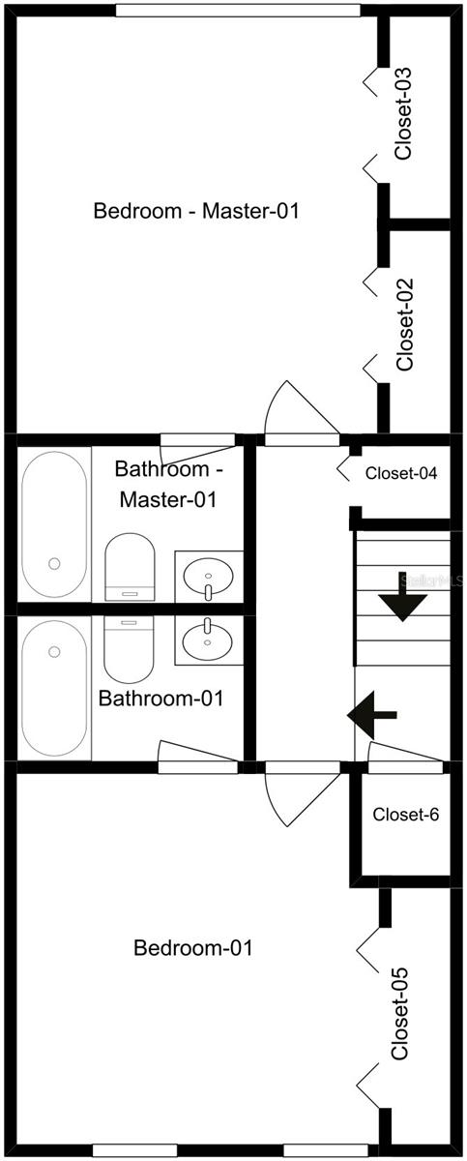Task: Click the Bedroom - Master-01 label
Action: tap(196, 211)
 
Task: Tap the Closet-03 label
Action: tap(403, 113)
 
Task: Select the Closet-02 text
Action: tap(405, 324)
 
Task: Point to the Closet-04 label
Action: tap(401, 473)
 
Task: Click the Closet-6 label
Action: tap(405, 815)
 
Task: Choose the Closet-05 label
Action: tap(400, 1013)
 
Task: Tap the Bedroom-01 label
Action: tap(193, 948)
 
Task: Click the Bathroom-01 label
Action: tap(161, 699)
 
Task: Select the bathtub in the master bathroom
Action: tap(54, 524)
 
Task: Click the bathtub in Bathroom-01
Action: tap(54, 689)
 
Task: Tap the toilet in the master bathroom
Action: tap(130, 567)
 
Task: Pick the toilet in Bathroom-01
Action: tap(129, 649)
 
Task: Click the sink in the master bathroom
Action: tap(208, 576)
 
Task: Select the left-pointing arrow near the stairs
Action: tap(371, 715)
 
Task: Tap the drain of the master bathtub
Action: tap(54, 563)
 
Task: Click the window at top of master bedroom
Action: tap(238, 11)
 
